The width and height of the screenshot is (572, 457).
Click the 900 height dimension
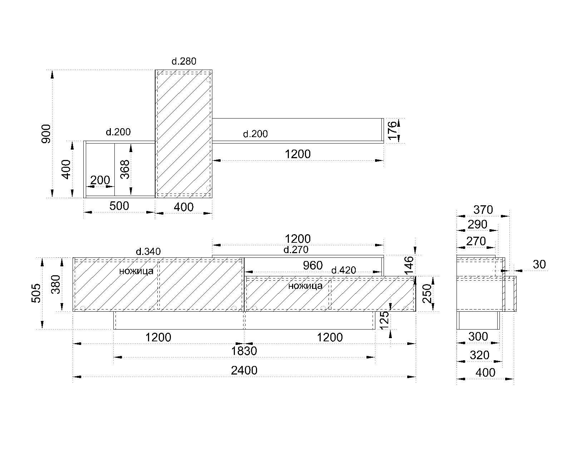pyautogui.click(x=46, y=134)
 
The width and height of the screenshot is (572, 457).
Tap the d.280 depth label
pyautogui.click(x=184, y=61)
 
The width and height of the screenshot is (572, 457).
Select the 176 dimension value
pyautogui.click(x=392, y=131)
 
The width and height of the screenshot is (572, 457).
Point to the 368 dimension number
pyautogui.click(x=125, y=169)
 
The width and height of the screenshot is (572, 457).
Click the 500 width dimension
pyautogui.click(x=119, y=206)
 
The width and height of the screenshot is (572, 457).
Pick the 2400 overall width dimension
pyautogui.click(x=244, y=371)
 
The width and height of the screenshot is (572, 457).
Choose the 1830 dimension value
pyautogui.click(x=244, y=351)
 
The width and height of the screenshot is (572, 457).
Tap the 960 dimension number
pyautogui.click(x=312, y=265)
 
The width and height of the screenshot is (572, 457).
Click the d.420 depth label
pyautogui.click(x=344, y=271)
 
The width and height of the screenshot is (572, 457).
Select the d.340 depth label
pyautogui.click(x=148, y=252)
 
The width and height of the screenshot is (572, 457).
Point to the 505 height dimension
pyautogui.click(x=36, y=293)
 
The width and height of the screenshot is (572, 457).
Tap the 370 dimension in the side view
pyautogui.click(x=483, y=210)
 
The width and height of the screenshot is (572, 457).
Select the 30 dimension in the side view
pyautogui.click(x=539, y=265)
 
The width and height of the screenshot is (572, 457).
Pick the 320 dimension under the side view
pyautogui.click(x=479, y=355)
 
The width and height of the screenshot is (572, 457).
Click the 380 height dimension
pyautogui.click(x=56, y=284)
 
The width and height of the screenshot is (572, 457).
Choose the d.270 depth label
pyautogui.click(x=296, y=250)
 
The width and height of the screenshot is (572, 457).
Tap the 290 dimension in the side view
pyautogui.click(x=477, y=224)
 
